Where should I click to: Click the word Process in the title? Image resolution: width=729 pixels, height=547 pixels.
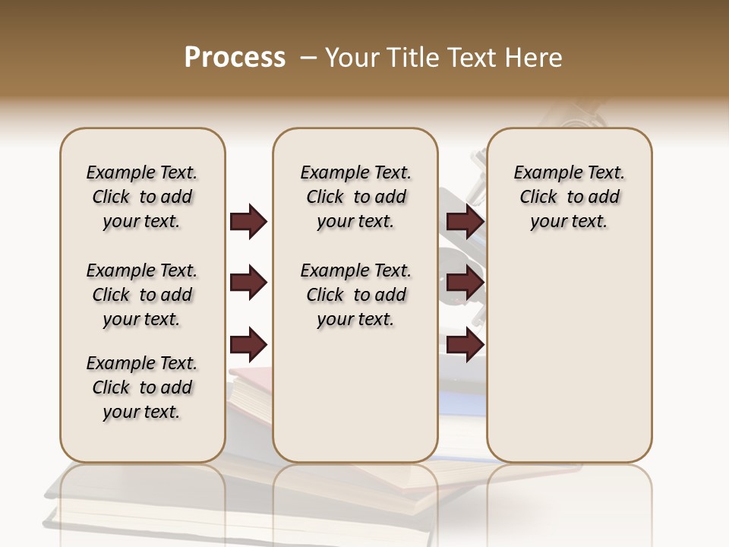235,58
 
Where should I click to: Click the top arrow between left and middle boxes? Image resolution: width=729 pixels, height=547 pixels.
248,222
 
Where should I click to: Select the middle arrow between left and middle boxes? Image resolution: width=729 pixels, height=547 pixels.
248,283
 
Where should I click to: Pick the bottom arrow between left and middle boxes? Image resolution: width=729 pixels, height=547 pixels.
248,344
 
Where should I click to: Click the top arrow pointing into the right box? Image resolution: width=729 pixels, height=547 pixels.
465,222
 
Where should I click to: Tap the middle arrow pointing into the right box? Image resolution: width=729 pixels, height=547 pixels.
465,283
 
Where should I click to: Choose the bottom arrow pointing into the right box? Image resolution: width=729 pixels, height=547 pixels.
465,344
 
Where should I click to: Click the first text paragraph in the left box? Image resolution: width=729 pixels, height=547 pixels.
142,197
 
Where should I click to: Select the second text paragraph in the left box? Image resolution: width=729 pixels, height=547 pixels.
142,295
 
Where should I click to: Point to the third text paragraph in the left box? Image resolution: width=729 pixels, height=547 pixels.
142,387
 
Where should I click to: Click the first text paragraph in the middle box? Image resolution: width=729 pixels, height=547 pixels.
355,197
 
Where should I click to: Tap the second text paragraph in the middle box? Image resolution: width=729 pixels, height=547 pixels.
355,295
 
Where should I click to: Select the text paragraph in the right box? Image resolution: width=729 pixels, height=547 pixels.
570,197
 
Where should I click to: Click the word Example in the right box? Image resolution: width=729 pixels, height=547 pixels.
544,173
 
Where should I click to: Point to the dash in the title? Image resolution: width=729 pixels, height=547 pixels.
308,58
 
